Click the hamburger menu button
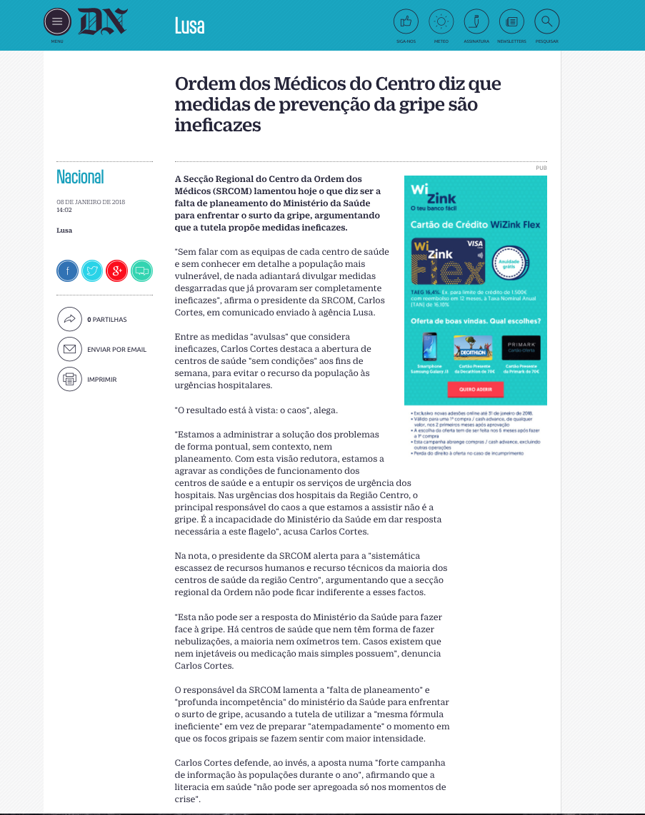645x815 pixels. [57, 22]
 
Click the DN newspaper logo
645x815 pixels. [102, 22]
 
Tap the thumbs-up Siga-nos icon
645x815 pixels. [406, 22]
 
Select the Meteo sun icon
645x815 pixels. [441, 22]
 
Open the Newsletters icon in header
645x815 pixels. [511, 22]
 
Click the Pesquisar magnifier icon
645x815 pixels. [546, 22]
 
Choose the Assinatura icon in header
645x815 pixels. [476, 22]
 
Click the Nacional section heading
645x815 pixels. [80, 177]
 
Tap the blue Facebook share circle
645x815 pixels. [68, 270]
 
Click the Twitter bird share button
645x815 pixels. [92, 270]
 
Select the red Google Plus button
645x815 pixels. [116, 270]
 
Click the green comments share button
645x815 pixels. [141, 270]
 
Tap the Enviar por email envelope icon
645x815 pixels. [69, 349]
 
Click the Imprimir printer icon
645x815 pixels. [69, 379]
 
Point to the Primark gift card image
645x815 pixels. [521, 348]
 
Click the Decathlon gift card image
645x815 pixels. [473, 348]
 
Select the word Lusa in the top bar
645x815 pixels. [189, 26]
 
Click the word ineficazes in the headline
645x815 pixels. [218, 126]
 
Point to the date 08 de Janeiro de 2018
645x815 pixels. [91, 202]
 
